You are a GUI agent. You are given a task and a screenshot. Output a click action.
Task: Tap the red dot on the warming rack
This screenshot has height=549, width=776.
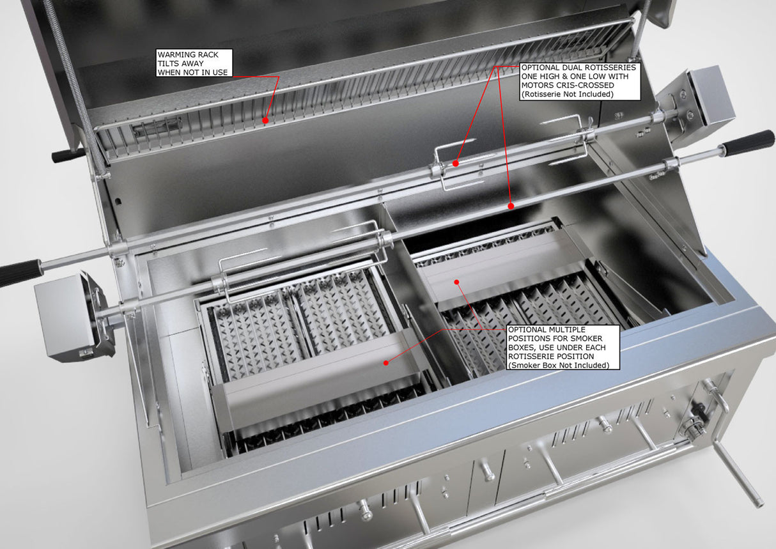point(265,120)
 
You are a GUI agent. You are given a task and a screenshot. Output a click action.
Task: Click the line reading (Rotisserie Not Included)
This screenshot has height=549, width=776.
point(567,95)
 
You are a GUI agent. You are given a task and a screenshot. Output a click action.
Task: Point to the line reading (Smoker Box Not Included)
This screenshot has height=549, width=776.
point(555,365)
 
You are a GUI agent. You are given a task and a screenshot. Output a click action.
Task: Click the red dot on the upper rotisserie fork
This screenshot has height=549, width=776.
point(455,163)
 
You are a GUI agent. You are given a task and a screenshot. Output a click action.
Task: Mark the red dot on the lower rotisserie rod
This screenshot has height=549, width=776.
point(511,206)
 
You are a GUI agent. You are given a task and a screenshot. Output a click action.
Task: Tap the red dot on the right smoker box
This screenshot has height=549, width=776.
point(457,281)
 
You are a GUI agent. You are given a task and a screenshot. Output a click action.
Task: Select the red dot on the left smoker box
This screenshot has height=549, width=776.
point(385,362)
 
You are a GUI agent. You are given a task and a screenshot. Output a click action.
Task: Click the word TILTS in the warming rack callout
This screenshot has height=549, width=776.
point(168,63)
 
